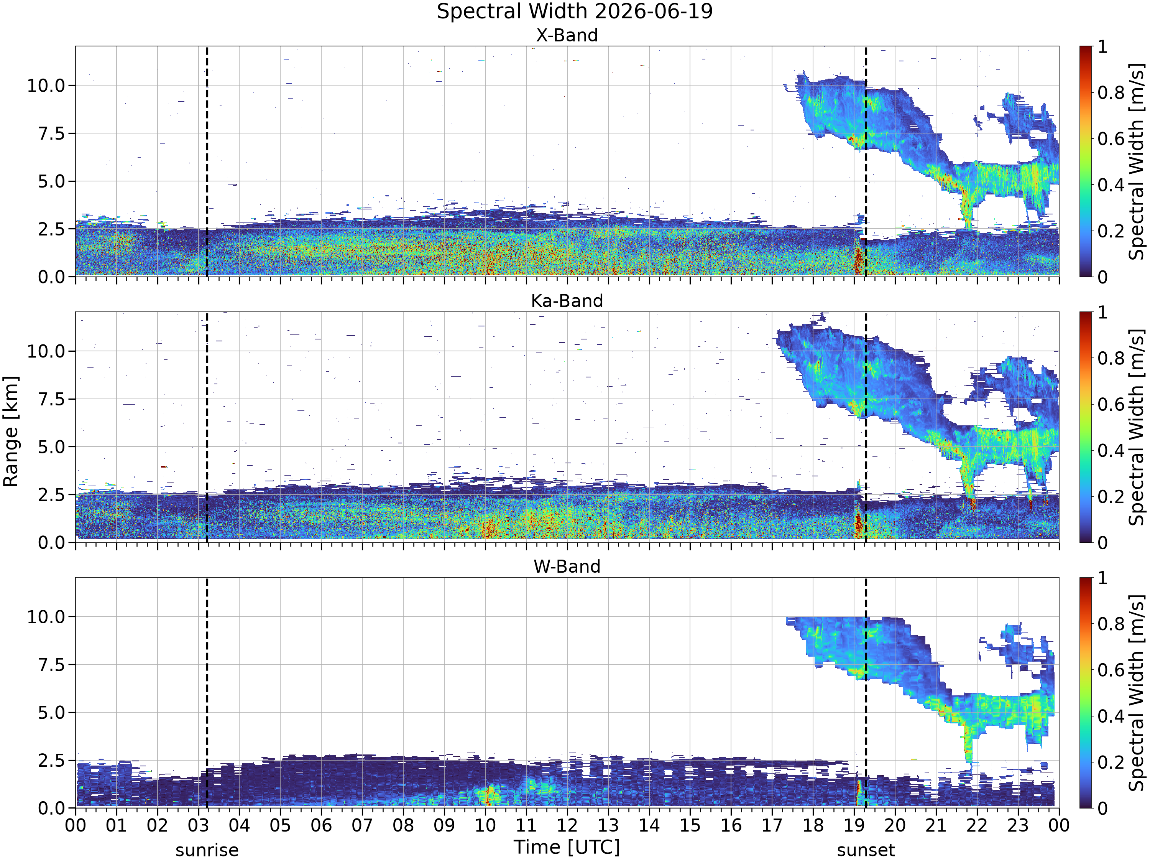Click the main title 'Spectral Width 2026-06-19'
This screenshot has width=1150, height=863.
[x=575, y=12]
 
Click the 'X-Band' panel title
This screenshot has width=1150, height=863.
[x=567, y=35]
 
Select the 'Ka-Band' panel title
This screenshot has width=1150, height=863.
[x=567, y=301]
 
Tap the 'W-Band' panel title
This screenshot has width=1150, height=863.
[x=567, y=567]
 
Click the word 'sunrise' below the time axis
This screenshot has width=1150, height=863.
[x=207, y=850]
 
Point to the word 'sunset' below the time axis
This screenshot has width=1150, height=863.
[x=866, y=850]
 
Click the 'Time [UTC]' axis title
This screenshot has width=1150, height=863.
[x=567, y=847]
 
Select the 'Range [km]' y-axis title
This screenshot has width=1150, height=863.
[x=11, y=432]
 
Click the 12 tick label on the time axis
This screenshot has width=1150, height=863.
[x=567, y=825]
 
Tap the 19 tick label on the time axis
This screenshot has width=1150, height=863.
[x=854, y=825]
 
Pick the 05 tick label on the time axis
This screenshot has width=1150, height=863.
[x=280, y=825]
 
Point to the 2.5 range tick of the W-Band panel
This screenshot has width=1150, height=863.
[x=52, y=761]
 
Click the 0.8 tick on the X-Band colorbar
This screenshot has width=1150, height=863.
[x=1111, y=92]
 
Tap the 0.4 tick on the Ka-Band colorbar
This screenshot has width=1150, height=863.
[x=1111, y=451]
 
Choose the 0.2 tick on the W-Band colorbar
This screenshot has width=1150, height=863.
[x=1111, y=762]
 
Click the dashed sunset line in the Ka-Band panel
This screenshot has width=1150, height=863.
[x=866, y=427]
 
